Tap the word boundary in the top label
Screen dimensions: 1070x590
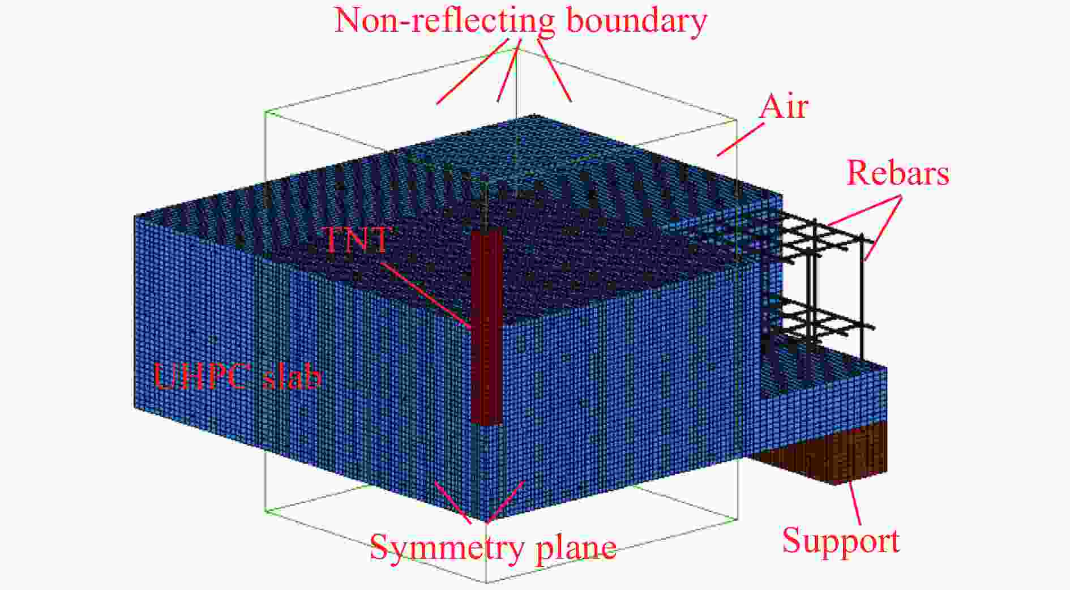[x=636, y=22]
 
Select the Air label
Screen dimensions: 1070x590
[x=784, y=106]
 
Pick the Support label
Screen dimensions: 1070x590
[x=841, y=541]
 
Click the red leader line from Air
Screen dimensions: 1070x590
[x=740, y=139]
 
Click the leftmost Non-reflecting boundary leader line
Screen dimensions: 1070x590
[x=472, y=71]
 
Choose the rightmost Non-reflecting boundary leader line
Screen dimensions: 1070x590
[x=554, y=70]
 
